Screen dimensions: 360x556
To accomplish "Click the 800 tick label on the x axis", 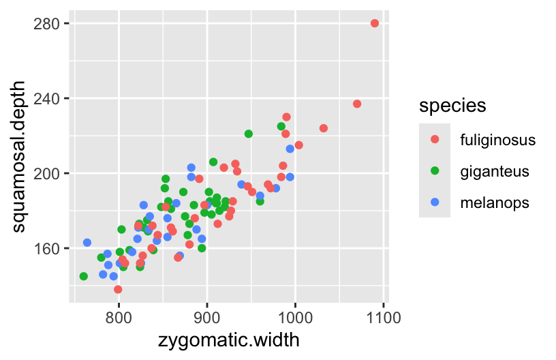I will point(119,318).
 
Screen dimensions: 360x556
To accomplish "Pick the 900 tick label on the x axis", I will point(207,318).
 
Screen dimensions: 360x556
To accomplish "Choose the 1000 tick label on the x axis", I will point(295,318).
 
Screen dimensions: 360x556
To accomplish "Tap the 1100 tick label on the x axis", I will point(384,318).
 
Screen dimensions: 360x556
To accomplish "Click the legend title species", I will point(452,106).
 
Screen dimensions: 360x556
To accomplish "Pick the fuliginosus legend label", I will point(498,140).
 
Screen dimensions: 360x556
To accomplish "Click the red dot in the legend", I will point(435,140).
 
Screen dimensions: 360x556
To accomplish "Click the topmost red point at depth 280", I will point(375,23).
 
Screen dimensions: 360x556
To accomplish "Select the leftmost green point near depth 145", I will point(83,276).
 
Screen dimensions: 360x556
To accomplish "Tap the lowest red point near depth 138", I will point(118,289).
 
